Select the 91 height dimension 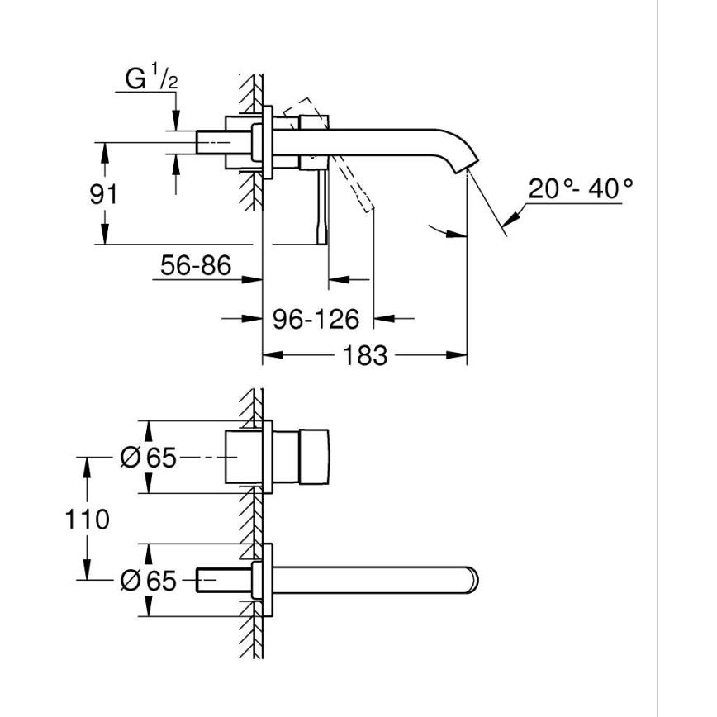104,195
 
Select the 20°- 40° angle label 581,189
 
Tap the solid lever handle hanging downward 321,207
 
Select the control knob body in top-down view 314,457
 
